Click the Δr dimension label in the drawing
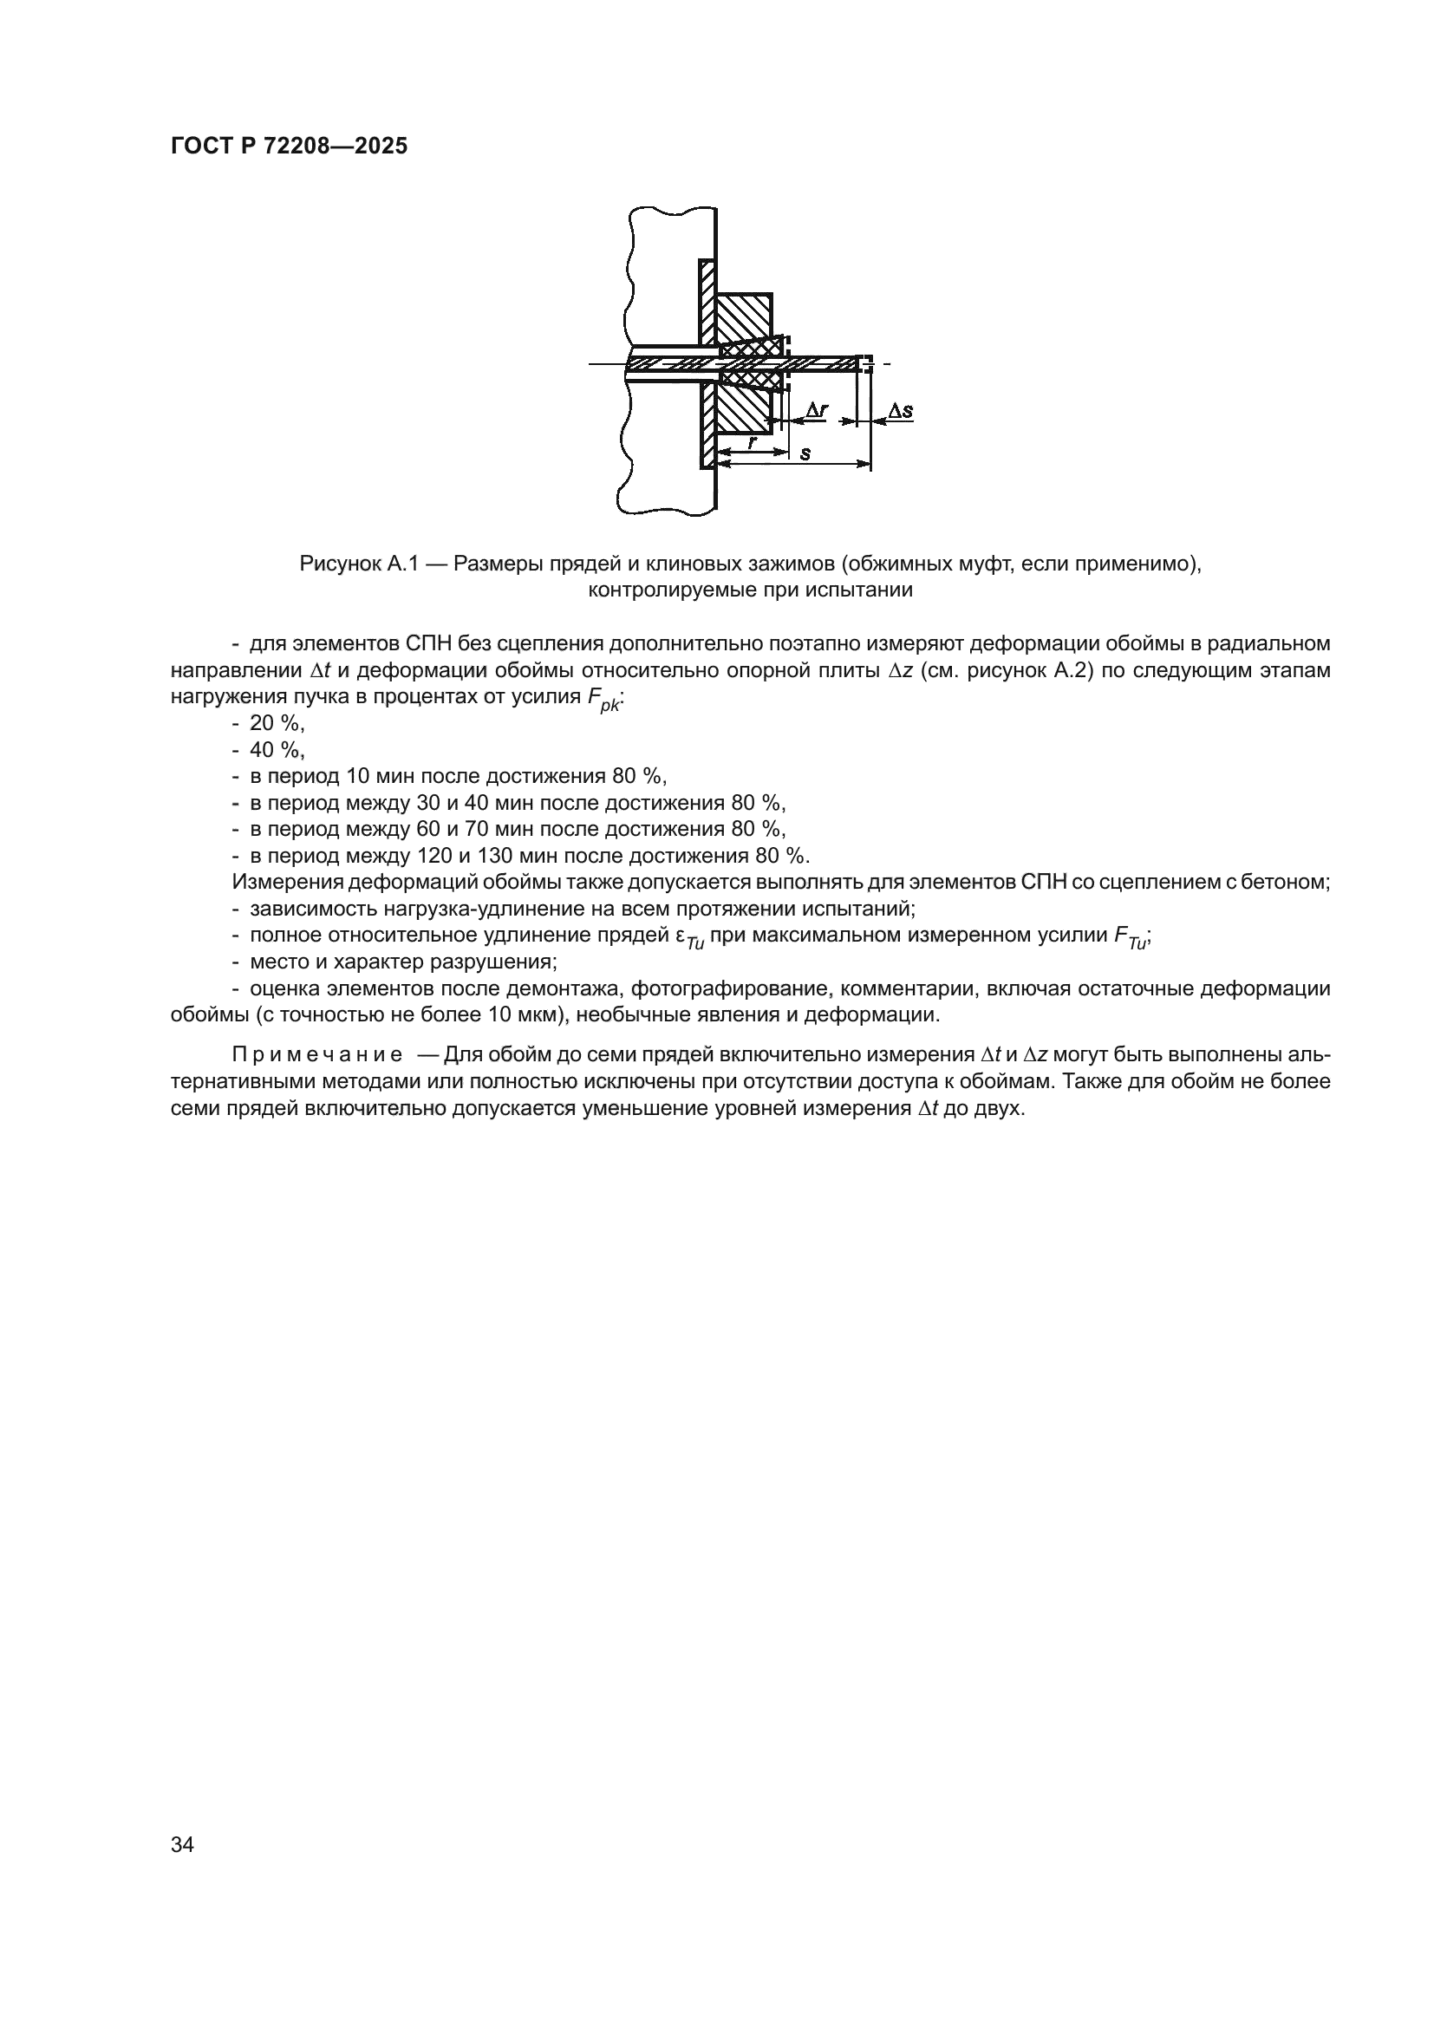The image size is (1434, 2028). (817, 409)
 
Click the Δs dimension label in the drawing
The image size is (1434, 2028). (900, 411)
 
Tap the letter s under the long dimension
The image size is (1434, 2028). (805, 454)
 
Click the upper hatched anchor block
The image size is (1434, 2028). (744, 318)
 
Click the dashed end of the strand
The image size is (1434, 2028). (867, 363)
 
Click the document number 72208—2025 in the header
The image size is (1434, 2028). (336, 147)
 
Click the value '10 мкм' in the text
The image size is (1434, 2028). (521, 1014)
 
